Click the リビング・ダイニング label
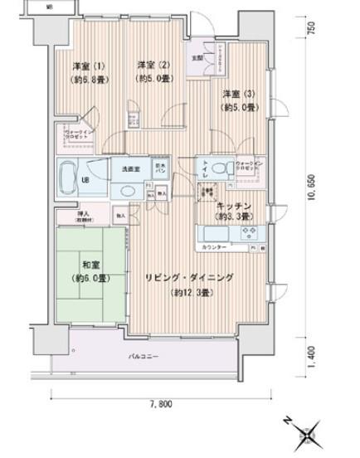point(189,279)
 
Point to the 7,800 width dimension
point(160,404)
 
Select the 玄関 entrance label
point(197,58)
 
